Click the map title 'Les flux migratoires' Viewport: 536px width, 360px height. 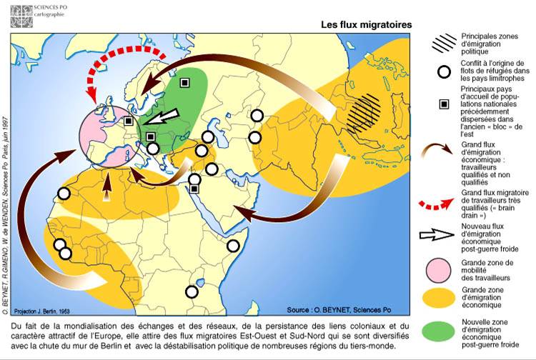point(366,24)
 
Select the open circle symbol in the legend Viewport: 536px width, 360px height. point(444,72)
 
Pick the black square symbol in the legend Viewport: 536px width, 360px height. point(444,104)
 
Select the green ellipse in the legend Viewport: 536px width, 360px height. point(444,331)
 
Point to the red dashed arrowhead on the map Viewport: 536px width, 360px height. point(91,93)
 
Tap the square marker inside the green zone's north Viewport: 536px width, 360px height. point(184,83)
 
